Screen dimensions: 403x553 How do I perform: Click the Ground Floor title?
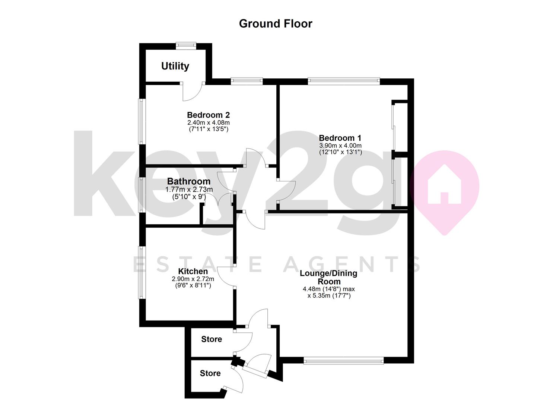click(x=276, y=24)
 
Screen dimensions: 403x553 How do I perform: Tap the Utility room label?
click(x=175, y=66)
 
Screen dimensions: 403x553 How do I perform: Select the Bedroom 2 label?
click(x=208, y=115)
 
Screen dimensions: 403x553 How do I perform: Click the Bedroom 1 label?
click(x=340, y=138)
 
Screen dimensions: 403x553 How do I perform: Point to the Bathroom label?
click(x=188, y=181)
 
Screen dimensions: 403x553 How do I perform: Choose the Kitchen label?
click(x=193, y=271)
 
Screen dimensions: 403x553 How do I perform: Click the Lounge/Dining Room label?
click(x=328, y=277)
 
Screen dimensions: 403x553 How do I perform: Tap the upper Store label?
click(x=212, y=339)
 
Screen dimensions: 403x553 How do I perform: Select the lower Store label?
click(x=210, y=373)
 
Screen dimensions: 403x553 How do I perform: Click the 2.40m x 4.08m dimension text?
click(x=208, y=122)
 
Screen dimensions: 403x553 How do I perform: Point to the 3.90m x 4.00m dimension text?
click(x=340, y=146)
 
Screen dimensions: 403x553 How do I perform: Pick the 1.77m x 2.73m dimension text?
click(x=189, y=190)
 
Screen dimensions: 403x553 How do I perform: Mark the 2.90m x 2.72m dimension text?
click(x=193, y=279)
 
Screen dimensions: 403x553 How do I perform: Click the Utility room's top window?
click(x=186, y=46)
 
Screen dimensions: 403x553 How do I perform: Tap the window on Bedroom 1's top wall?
click(x=344, y=81)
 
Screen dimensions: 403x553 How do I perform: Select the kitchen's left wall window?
click(x=142, y=272)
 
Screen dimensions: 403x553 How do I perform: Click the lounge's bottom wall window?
click(x=343, y=360)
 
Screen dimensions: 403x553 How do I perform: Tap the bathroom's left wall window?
click(x=142, y=194)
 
